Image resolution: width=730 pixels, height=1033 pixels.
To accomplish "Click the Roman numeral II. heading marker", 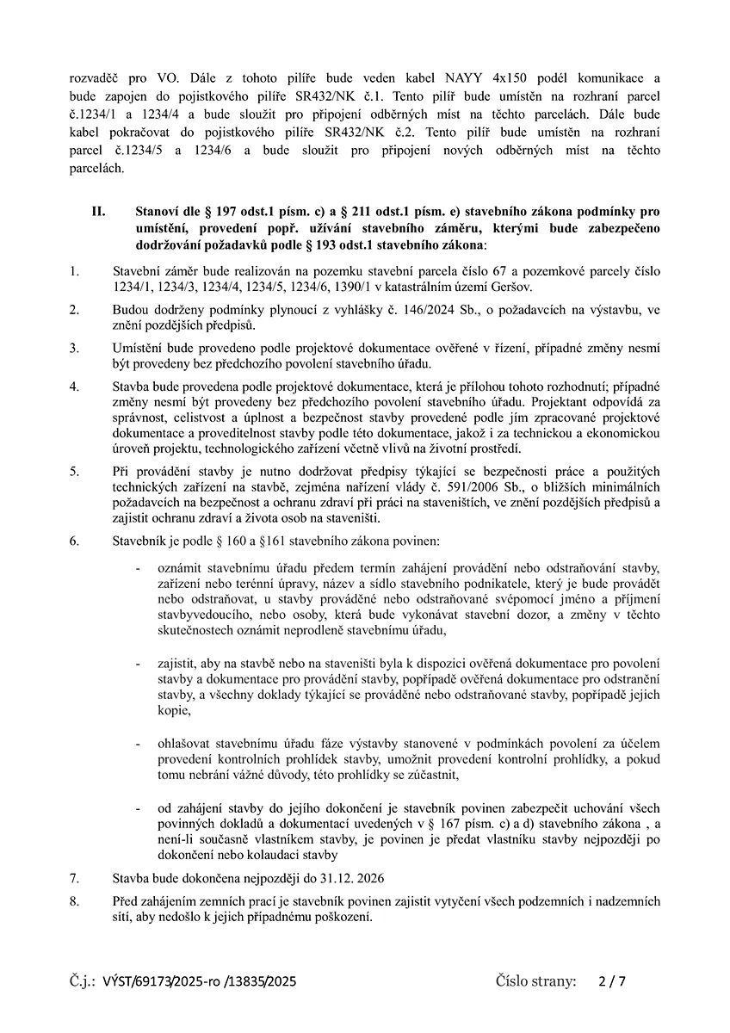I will click(x=98, y=211).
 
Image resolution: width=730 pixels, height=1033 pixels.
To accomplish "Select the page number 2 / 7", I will click(x=611, y=980).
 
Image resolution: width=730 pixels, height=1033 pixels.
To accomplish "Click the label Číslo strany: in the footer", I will click(x=535, y=980).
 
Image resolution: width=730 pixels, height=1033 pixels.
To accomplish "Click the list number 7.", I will click(x=74, y=879).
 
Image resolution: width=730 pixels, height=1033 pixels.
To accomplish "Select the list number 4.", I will click(x=74, y=387).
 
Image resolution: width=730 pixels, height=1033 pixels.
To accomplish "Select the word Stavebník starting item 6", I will click(x=141, y=541).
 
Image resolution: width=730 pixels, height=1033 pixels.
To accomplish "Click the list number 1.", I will click(x=74, y=270).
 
